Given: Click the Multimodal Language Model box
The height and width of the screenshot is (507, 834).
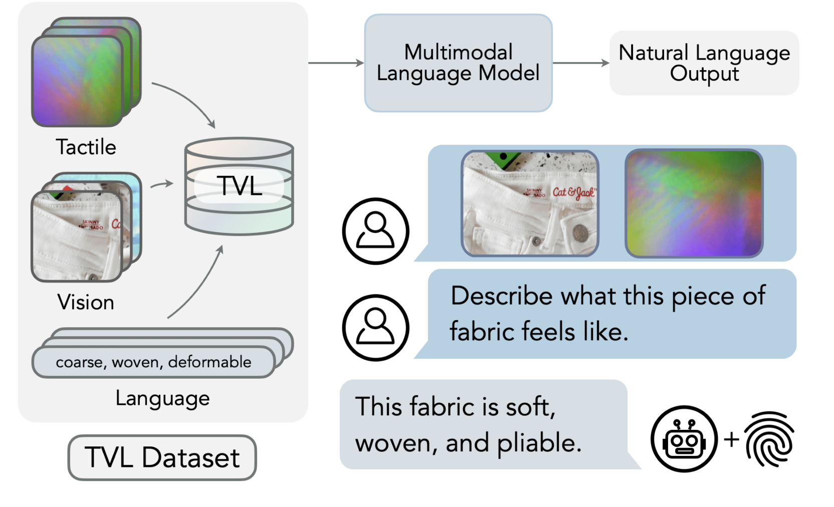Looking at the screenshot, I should point(458,63).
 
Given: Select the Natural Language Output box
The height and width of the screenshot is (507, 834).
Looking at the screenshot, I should point(704,63).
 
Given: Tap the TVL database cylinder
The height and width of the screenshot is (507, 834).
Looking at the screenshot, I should point(239,186).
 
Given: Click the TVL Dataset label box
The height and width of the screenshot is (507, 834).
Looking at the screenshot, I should point(162,457).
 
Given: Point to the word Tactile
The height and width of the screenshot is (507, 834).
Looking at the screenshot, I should point(86,147).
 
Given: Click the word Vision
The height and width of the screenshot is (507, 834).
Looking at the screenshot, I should point(86,302).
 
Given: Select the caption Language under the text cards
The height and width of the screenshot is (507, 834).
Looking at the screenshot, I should point(162,398).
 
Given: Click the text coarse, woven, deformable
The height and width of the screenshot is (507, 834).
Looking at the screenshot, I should point(153,362).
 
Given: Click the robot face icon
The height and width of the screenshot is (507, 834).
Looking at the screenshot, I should point(684,439).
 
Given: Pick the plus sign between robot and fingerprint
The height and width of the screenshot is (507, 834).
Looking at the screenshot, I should point(731,439).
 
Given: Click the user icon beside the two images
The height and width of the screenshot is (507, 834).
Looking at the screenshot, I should point(375,231).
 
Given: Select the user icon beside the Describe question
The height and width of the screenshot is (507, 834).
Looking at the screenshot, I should point(375,328).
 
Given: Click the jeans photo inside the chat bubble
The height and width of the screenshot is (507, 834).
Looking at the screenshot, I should point(530,203).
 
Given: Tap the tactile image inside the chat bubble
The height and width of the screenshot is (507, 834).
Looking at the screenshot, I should point(694,203).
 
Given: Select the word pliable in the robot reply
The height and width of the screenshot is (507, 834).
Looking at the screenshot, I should point(539,443).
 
